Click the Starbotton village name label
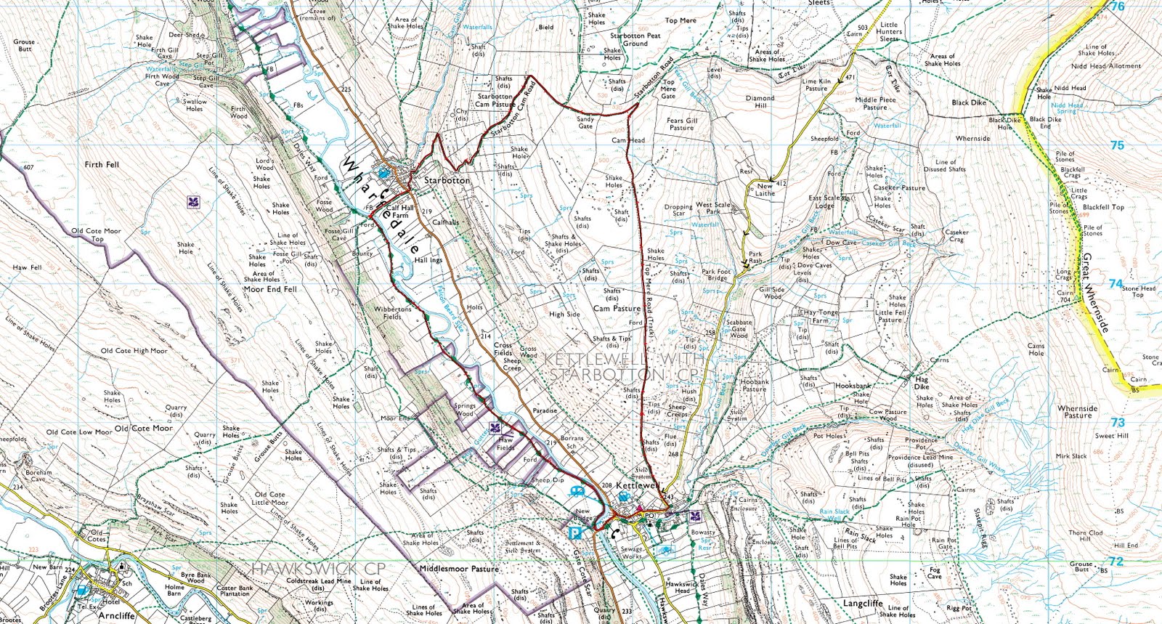tap(447, 180)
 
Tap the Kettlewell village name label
tap(638, 485)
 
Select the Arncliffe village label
tap(116, 615)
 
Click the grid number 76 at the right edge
tap(1118, 7)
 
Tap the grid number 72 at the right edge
tap(1116, 562)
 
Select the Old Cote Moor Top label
tap(96, 235)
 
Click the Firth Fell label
tap(102, 165)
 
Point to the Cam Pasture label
tap(617, 308)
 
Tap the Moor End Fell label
tap(270, 289)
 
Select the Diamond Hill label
tap(760, 102)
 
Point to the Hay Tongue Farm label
tap(821, 316)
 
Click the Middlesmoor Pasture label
tap(459, 569)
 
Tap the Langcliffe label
tap(863, 603)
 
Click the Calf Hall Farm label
tap(400, 211)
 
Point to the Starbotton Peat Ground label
tap(635, 39)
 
